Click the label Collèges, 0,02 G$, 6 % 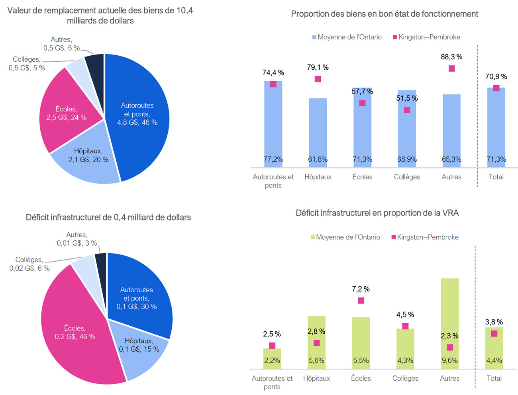tap(29, 264)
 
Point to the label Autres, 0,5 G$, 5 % tap(61, 44)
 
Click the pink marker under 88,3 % tap(451, 68)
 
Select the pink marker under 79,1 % tap(318, 79)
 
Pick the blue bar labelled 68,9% tap(407, 131)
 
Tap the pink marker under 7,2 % tap(361, 301)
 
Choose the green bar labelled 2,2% tap(272, 358)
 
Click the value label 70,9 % tap(496, 76)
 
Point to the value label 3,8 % tap(494, 322)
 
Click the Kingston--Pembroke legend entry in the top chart tap(426, 37)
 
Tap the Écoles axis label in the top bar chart tap(362, 177)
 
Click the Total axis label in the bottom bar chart tap(494, 378)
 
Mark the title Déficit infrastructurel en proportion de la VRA tap(377, 213)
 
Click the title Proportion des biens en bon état tap(385, 14)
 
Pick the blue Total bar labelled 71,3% tap(496, 127)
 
